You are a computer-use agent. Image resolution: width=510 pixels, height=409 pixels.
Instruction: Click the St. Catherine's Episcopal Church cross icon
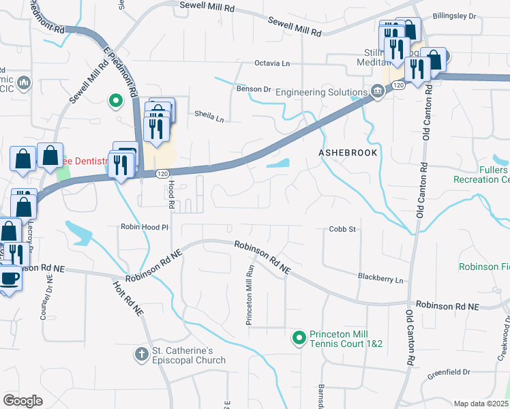pyautogui.click(x=141, y=354)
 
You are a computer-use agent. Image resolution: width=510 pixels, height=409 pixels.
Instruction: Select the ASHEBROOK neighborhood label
pyautogui.click(x=348, y=153)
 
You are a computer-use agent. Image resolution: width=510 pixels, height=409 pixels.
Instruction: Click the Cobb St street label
pyautogui.click(x=343, y=230)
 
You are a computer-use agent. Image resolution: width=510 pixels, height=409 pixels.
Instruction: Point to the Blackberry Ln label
pyautogui.click(x=380, y=279)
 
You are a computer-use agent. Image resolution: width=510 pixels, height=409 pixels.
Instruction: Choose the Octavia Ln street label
pyautogui.click(x=273, y=63)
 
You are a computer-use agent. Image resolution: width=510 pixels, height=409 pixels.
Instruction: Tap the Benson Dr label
pyautogui.click(x=254, y=89)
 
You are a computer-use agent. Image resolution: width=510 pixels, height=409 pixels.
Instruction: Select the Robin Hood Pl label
pyautogui.click(x=145, y=227)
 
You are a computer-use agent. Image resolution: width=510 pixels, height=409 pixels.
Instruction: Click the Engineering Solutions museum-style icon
pyautogui.click(x=377, y=92)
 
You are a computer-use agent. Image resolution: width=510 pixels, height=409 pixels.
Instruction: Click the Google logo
pyautogui.click(x=23, y=401)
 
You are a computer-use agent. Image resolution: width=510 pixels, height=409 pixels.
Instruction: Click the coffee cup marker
pyautogui.click(x=10, y=279)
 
